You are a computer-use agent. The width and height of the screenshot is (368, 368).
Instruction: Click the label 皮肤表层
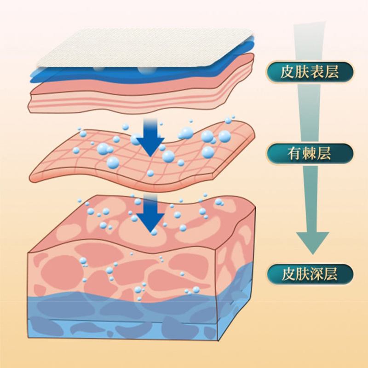(310, 72)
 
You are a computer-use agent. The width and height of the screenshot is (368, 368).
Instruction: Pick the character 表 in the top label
(316, 72)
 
